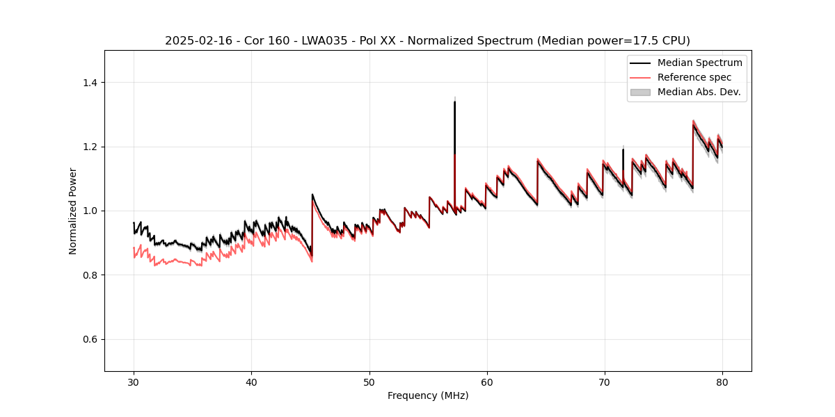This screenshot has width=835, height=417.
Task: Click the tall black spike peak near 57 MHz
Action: (x=454, y=102)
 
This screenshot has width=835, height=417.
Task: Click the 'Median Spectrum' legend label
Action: (x=699, y=63)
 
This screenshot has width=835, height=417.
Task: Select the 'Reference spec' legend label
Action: (x=694, y=77)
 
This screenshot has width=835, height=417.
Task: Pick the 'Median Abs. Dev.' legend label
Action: (x=699, y=92)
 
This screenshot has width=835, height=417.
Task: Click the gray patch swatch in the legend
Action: (x=640, y=92)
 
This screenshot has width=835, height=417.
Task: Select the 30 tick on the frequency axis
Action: (x=134, y=382)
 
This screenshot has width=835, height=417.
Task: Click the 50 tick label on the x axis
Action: (x=369, y=382)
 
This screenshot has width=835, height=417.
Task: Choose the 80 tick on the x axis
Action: (x=722, y=382)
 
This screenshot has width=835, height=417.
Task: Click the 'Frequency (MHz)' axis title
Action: (x=428, y=395)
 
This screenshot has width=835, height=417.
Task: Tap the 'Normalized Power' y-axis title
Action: (x=73, y=211)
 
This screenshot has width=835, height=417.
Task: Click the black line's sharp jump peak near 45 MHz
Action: (x=312, y=195)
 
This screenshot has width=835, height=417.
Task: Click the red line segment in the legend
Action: (x=640, y=77)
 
